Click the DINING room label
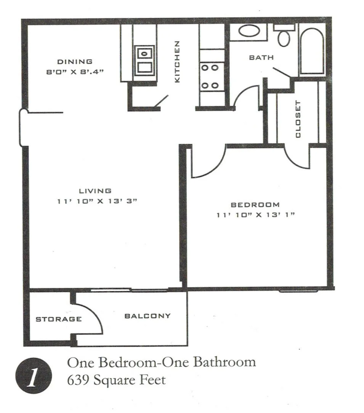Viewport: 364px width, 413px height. (x=75, y=61)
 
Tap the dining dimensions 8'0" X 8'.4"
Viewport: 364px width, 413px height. (x=75, y=71)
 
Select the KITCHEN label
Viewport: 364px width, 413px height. (x=177, y=62)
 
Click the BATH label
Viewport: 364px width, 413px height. (x=261, y=57)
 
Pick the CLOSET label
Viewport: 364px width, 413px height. (x=298, y=119)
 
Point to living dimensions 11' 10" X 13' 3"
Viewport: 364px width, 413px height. (x=97, y=202)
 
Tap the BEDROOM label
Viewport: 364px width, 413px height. (x=255, y=205)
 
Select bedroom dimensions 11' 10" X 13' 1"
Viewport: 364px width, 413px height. (x=256, y=215)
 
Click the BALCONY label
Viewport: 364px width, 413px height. (x=148, y=316)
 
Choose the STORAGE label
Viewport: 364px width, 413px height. (x=59, y=319)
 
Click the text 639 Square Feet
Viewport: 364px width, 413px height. (x=117, y=380)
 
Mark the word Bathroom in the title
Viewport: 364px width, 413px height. (x=224, y=362)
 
